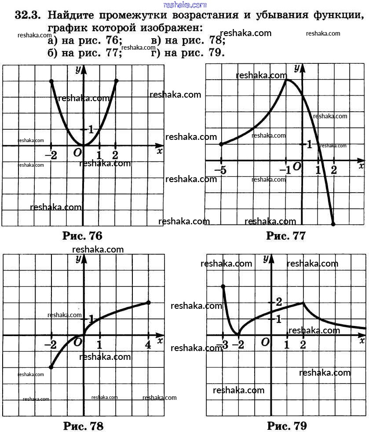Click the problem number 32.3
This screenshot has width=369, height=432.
[x=28, y=16]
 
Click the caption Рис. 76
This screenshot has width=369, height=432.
[x=82, y=236]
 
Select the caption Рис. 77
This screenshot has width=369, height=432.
[x=285, y=236]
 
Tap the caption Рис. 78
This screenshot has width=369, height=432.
[x=83, y=425]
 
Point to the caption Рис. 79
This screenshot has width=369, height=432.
[x=287, y=425]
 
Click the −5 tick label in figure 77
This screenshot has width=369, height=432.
[x=221, y=170]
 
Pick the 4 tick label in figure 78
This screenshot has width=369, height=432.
[x=148, y=345]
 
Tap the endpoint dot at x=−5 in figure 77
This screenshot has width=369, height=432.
[x=221, y=144]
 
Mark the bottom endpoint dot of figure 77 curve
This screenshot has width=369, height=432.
[x=333, y=224]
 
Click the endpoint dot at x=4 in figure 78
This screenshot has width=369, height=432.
[x=148, y=302]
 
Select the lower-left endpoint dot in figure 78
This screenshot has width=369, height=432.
[x=51, y=367]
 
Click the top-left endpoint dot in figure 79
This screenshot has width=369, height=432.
[x=223, y=286]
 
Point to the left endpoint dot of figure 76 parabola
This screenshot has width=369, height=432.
[x=51, y=81]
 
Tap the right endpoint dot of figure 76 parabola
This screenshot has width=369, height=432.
[x=116, y=81]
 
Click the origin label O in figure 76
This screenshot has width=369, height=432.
[x=77, y=153]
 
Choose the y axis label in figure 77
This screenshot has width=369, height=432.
[x=297, y=68]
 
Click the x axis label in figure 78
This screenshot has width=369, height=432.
[x=160, y=340]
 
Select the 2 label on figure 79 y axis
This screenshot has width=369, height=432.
[x=278, y=302]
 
